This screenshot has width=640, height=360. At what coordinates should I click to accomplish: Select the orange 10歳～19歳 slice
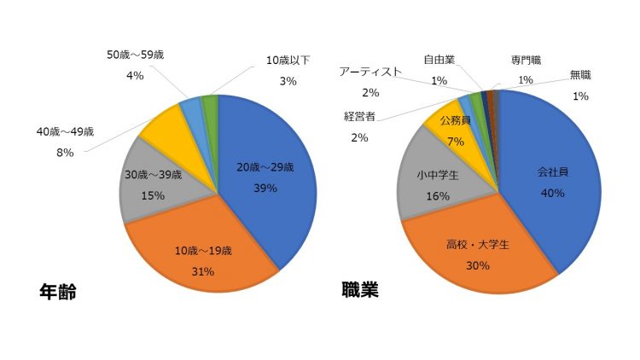point(205,256)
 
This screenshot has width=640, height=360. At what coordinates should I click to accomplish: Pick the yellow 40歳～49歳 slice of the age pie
point(162,128)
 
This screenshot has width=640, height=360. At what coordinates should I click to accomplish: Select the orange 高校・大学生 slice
point(478,252)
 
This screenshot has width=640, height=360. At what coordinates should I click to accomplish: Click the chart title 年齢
point(58,292)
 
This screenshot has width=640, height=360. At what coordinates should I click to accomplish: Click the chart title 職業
point(359,290)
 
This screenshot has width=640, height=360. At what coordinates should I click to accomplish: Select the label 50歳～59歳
point(134,55)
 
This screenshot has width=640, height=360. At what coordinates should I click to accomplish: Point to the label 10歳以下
point(288,61)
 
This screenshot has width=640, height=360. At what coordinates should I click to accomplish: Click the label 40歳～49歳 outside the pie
point(65,132)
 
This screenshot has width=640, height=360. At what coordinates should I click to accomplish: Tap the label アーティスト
point(369,72)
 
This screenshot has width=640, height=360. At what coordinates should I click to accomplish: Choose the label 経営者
point(363,116)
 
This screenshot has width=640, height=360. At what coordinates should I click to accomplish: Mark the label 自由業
point(439,60)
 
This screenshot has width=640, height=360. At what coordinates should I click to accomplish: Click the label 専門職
point(526,61)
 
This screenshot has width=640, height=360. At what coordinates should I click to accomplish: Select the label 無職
point(580,75)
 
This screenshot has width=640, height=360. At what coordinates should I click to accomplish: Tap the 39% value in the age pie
point(265,189)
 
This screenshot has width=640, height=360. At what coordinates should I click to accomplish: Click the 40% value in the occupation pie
point(553,194)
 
